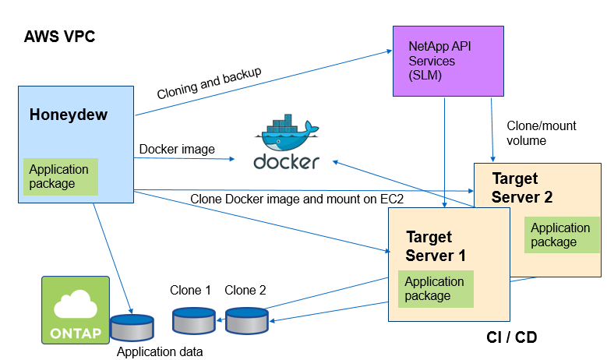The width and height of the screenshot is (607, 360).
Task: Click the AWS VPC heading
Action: [60, 37]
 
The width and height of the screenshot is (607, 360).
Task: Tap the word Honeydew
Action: [69, 115]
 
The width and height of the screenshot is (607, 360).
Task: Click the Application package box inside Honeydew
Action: [61, 177]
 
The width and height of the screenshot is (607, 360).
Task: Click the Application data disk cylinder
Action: [132, 327]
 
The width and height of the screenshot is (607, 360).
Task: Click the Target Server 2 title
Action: [522, 188]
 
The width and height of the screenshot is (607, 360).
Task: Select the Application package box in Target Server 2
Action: [561, 235]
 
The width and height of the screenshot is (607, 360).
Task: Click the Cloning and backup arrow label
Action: [209, 83]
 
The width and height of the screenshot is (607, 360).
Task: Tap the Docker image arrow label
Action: [177, 149]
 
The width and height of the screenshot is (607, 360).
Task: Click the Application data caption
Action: [160, 351]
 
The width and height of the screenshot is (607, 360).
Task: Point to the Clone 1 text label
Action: [191, 291]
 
